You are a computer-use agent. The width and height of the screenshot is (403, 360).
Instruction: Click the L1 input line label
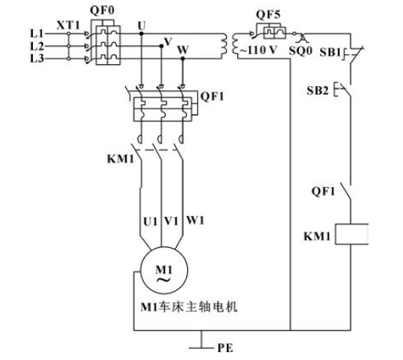tap(37, 34)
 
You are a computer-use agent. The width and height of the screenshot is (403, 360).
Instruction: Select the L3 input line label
tap(37, 59)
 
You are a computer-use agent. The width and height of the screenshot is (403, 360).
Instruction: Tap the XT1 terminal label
tap(69, 26)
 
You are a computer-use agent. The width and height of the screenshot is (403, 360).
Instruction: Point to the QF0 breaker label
tap(103, 11)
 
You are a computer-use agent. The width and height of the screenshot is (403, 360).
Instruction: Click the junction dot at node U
tap(142, 34)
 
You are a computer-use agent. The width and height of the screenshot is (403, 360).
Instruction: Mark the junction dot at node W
tap(183, 59)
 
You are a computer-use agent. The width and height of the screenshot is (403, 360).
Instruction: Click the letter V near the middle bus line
tap(168, 41)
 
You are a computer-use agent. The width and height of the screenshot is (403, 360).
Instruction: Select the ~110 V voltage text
tap(258, 50)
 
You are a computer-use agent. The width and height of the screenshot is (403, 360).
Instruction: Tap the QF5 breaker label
tap(268, 15)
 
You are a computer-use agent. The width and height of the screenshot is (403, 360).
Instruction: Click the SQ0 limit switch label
tap(300, 51)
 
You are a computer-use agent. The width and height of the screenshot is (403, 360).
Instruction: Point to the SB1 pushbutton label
tap(330, 52)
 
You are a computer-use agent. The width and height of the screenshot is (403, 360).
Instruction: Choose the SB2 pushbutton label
tap(318, 91)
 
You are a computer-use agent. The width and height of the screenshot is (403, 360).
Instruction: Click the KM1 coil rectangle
tap(352, 234)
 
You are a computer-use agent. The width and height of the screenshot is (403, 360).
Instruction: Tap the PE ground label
tap(225, 348)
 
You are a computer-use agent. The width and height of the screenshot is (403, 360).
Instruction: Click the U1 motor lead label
tap(150, 221)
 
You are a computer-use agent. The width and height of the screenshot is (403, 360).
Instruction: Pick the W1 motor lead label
tap(195, 221)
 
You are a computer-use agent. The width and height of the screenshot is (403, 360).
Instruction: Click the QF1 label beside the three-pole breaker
tap(212, 96)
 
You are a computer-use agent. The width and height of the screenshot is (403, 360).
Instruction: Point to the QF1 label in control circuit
tap(323, 192)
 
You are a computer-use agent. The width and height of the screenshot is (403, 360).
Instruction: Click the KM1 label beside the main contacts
tap(121, 159)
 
